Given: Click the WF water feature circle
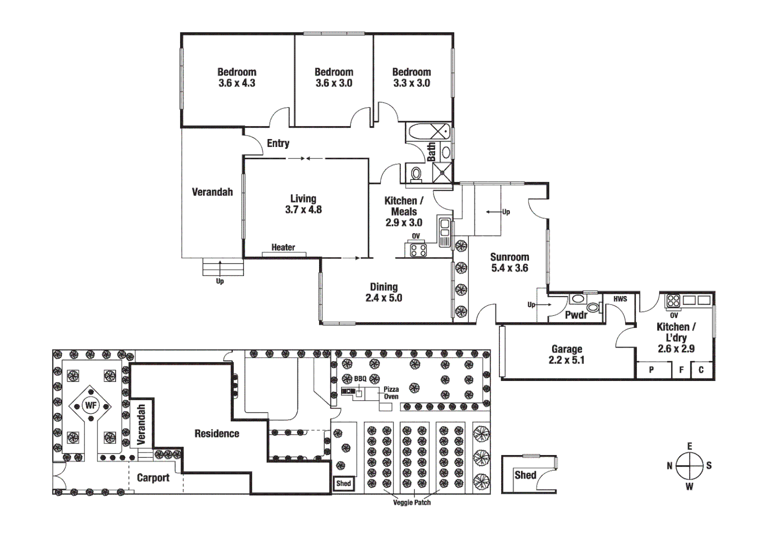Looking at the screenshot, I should tap(90, 405).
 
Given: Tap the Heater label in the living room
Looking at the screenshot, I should tap(283, 247).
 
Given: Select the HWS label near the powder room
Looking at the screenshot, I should tap(620, 299).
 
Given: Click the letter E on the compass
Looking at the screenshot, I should tap(689, 446).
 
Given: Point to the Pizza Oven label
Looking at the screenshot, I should tap(391, 393).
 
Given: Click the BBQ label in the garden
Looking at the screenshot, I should tap(360, 379).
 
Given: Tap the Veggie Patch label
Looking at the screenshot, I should tap(411, 502).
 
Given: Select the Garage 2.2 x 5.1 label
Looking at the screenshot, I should tap(566, 354).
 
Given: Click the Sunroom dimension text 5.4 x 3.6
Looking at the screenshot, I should tap(509, 268).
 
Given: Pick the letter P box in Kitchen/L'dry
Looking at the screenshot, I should tap(651, 370).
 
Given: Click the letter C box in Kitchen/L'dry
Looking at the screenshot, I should tap(701, 370).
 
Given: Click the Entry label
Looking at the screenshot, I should tap(278, 143).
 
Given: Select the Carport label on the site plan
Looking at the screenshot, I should tap(153, 478).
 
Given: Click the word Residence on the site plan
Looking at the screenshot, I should tap(216, 433).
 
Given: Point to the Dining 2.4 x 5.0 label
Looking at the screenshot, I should tap(383, 292).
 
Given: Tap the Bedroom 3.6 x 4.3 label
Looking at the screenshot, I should tap(236, 77).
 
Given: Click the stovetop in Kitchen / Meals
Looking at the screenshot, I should tap(418, 250).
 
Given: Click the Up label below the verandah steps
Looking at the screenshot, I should tap(220, 281).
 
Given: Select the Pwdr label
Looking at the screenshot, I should tap(575, 315).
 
